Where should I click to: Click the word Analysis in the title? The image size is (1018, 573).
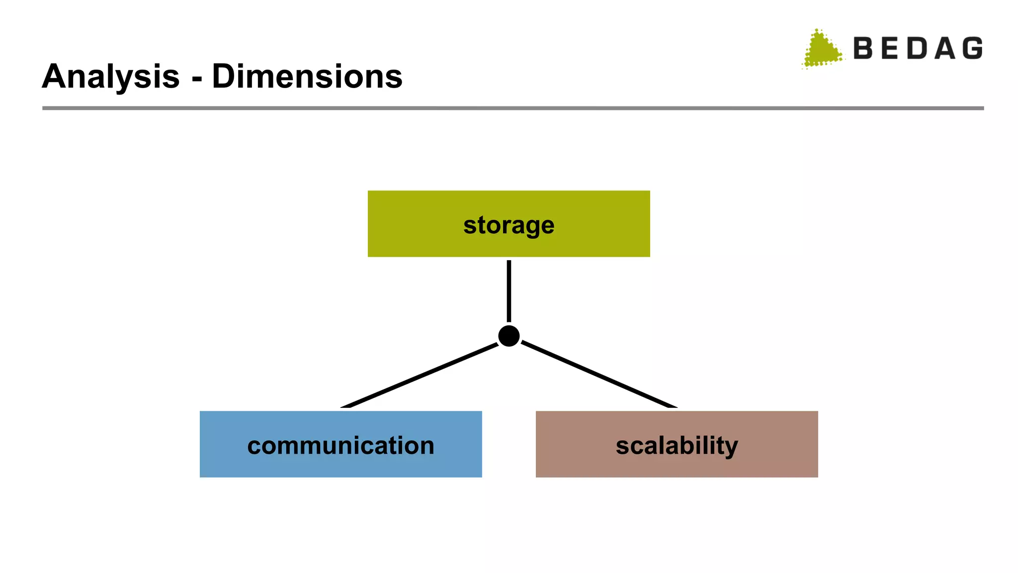[110, 77]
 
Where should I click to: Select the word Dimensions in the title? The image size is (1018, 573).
[307, 77]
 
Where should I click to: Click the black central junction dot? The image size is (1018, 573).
[509, 336]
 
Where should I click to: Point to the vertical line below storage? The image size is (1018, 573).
[509, 291]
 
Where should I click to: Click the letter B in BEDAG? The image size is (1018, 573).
[863, 48]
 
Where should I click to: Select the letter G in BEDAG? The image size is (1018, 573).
[972, 48]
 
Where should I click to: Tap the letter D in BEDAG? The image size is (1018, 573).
[917, 48]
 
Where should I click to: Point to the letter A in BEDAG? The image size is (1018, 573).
[944, 48]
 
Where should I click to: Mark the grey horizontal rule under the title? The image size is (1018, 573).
[512, 108]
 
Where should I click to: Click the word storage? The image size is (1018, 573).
[509, 225]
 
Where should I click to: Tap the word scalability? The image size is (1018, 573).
[677, 445]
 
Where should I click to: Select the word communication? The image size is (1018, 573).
[340, 445]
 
